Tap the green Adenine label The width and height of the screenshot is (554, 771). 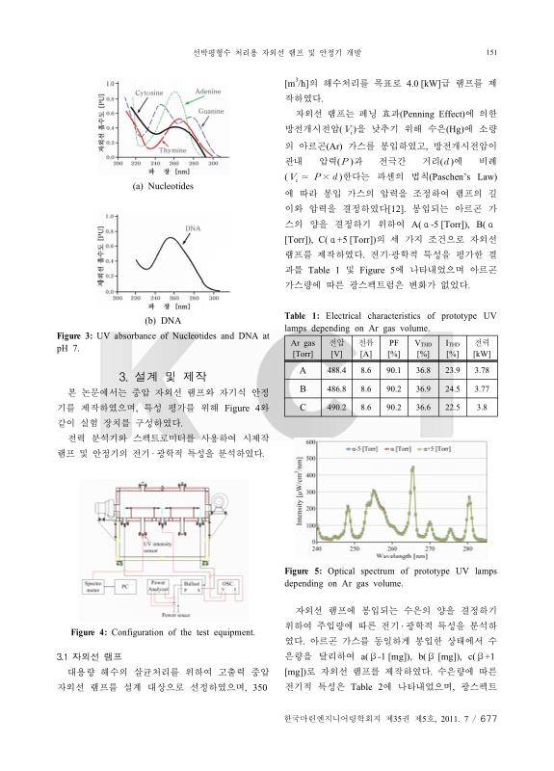pos(209,90)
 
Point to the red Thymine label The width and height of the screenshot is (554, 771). pos(173,150)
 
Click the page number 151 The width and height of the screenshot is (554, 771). pos(490,52)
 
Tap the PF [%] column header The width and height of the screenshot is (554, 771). pos(393,349)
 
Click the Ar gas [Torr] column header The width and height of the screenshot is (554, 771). pos(303,349)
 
